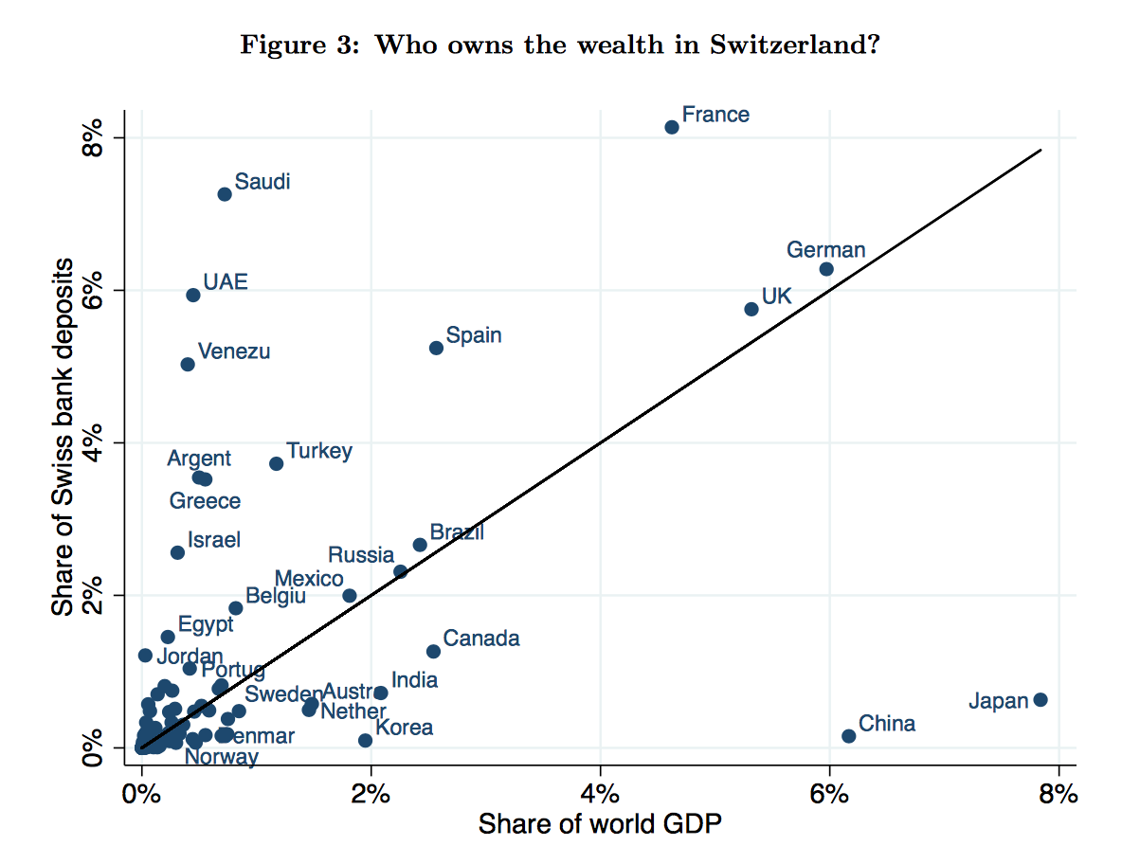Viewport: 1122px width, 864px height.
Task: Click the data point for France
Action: [x=672, y=127]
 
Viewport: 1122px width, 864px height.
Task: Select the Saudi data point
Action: [x=225, y=194]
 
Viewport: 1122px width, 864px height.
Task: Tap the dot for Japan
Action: [x=1040, y=699]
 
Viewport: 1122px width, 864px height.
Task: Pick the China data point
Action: [x=849, y=736]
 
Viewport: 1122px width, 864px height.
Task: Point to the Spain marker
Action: [x=436, y=348]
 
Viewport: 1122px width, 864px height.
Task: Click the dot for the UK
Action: [x=751, y=309]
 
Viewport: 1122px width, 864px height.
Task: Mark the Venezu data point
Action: [x=188, y=364]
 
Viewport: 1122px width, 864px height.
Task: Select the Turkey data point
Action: [x=276, y=463]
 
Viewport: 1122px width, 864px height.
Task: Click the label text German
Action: [x=825, y=250]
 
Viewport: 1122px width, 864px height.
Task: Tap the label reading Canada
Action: [x=481, y=639]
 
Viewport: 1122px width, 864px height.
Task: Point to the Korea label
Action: [x=405, y=728]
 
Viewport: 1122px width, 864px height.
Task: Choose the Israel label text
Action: [x=214, y=540]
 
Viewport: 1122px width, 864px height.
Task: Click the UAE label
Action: [x=226, y=282]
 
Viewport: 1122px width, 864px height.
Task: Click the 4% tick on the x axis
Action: [x=600, y=795]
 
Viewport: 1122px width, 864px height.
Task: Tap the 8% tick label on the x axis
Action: [x=1059, y=795]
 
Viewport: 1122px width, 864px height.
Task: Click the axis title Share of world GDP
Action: [x=600, y=824]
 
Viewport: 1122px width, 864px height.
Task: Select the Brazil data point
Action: [x=420, y=545]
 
